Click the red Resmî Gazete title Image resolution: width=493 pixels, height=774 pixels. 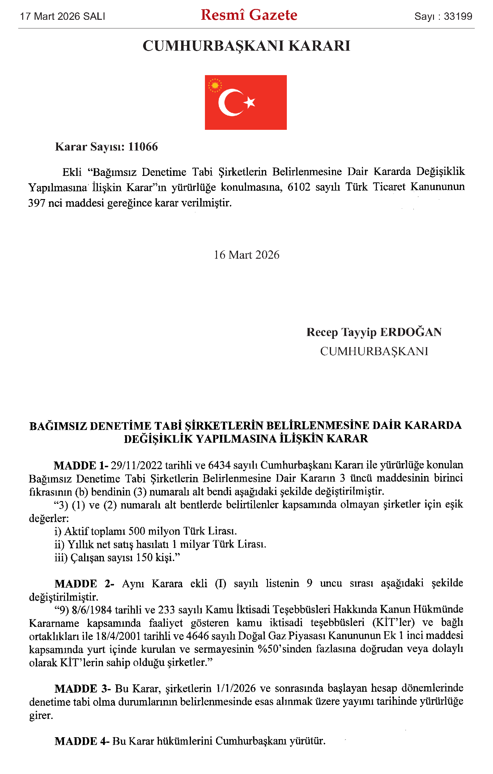coord(249,15)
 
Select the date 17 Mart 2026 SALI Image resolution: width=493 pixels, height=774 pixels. coord(63,16)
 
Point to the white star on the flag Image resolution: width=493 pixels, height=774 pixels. coord(250,102)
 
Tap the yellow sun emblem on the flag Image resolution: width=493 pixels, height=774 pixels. coord(215,86)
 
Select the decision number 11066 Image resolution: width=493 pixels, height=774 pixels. coord(143,147)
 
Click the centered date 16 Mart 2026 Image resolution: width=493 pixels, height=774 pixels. coord(247,255)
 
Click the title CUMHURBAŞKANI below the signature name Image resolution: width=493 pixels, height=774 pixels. coord(374,351)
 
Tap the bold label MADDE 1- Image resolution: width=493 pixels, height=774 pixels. coord(81,465)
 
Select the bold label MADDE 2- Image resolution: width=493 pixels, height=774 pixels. coord(84,583)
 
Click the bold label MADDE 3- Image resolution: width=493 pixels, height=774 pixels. coord(83,688)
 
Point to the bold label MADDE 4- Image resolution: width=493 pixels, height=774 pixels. coord(82,741)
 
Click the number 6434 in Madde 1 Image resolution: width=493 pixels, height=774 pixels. coord(219,465)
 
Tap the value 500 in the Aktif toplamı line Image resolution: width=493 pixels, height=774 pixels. coord(137,531)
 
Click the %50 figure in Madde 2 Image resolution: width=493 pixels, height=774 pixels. coord(265,649)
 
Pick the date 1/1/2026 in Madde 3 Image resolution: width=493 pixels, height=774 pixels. coord(236,688)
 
